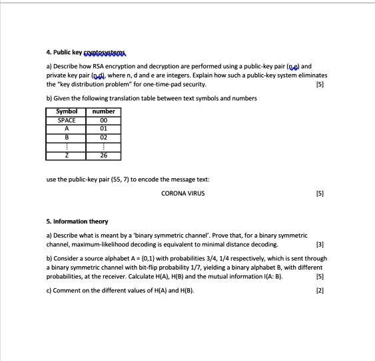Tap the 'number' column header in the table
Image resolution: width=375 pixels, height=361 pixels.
pos(104,111)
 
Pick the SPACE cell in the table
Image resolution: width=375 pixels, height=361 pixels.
pos(67,120)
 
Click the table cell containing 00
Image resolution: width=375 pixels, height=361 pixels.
pos(104,120)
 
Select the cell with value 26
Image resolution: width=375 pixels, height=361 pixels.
pos(104,155)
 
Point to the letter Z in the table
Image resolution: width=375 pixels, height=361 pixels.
pos(67,155)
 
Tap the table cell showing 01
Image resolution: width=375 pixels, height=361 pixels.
pos(104,128)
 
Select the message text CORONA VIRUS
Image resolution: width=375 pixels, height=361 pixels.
pos(183,194)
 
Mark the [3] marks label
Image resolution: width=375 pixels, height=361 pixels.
pos(320,244)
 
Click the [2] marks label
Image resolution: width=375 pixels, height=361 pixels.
pos(320,290)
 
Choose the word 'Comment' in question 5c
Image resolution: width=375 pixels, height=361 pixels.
pos(67,290)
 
